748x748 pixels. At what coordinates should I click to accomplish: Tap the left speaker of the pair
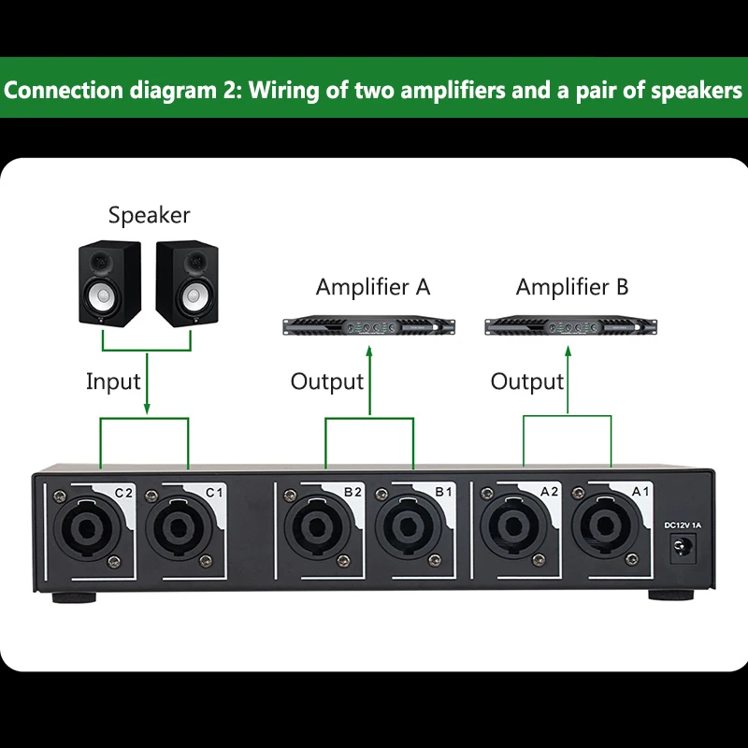point(110,284)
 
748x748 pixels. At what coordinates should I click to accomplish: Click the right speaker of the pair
point(187,284)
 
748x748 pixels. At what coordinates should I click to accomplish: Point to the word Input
point(113,381)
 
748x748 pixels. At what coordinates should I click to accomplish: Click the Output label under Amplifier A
point(326,381)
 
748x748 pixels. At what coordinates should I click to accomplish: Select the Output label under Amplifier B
point(527,381)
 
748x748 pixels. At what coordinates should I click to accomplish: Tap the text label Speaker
point(149,215)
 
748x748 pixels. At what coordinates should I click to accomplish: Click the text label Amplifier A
point(373,287)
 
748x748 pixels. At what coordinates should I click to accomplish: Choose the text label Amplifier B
point(572,287)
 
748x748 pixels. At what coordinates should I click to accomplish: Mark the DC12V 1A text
point(682,525)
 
